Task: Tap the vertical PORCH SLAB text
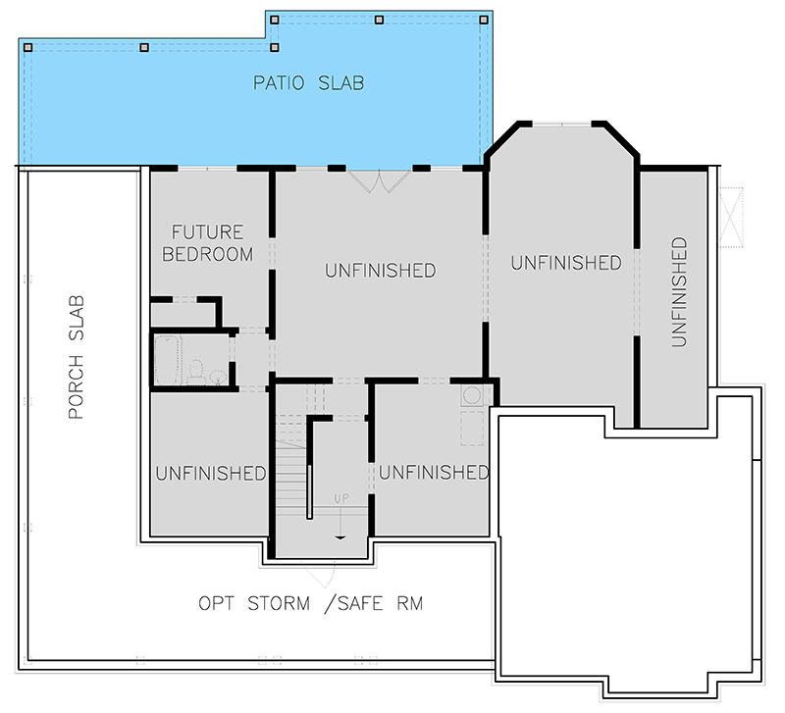(78, 358)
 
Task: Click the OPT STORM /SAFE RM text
(310, 602)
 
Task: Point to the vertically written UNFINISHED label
(678, 291)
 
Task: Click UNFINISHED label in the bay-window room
(565, 263)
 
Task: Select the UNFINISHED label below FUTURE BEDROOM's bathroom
(210, 473)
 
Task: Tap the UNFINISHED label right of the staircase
(433, 473)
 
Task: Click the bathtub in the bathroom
(168, 360)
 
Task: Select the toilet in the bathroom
(196, 371)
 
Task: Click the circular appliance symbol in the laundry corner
(472, 395)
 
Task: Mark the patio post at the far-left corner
(28, 47)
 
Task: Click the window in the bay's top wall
(561, 124)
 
